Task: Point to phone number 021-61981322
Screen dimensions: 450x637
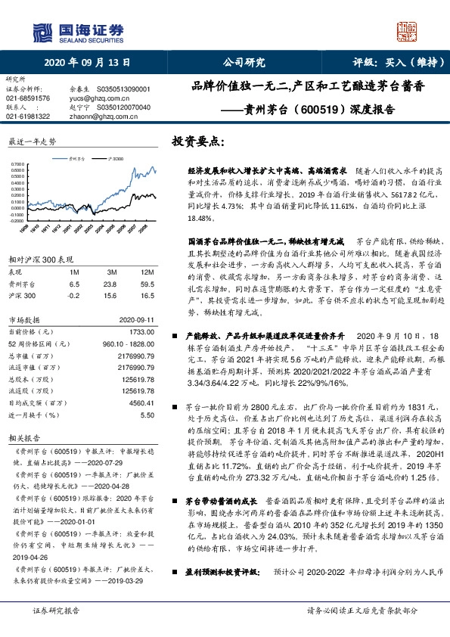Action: [x=28, y=116]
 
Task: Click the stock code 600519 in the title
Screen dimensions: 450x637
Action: [x=323, y=109]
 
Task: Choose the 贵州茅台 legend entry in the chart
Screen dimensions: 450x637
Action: [x=76, y=159]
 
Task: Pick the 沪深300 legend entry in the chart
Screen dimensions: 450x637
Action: [x=115, y=159]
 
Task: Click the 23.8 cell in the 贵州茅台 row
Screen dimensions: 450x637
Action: [x=112, y=283]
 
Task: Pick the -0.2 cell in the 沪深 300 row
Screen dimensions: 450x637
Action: [x=73, y=296]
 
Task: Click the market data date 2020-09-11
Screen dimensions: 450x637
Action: [x=137, y=320]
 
